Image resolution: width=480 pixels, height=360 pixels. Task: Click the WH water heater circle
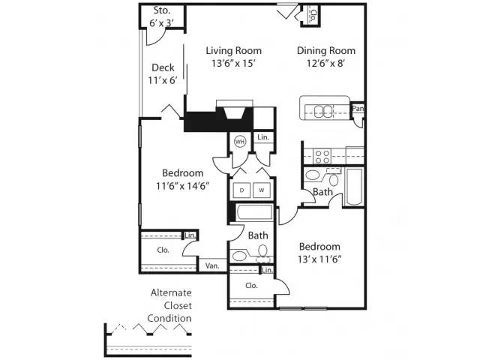click(x=240, y=142)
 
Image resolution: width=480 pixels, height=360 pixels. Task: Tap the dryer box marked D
click(x=241, y=190)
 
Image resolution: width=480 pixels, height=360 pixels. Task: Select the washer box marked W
click(x=262, y=190)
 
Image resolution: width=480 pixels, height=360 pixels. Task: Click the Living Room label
click(x=233, y=50)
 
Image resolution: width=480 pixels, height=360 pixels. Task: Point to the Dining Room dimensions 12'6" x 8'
click(x=326, y=63)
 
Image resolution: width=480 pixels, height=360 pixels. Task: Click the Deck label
click(x=163, y=67)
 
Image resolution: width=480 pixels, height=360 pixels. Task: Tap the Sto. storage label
click(x=161, y=10)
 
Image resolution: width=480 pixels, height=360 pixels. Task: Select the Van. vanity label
click(x=212, y=265)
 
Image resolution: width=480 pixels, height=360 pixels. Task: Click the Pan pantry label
click(x=358, y=108)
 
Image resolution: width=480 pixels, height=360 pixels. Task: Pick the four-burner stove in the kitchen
click(x=322, y=157)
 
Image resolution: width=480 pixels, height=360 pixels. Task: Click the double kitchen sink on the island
click(x=323, y=111)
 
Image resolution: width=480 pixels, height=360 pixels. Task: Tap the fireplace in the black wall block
click(x=235, y=113)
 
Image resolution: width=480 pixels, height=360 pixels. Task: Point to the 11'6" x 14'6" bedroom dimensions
click(x=183, y=186)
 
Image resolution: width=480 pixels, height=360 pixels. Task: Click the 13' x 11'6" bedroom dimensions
click(x=319, y=259)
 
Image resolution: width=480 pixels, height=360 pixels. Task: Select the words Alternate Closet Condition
click(x=170, y=305)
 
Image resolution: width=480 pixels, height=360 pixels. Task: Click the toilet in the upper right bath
click(x=334, y=179)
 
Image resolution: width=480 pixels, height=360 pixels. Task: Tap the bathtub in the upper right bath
click(x=354, y=186)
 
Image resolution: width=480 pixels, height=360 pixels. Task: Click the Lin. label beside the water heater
click(x=263, y=137)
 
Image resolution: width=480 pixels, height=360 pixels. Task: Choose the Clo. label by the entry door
click(x=313, y=15)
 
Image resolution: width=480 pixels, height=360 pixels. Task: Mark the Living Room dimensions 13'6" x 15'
click(x=233, y=63)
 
